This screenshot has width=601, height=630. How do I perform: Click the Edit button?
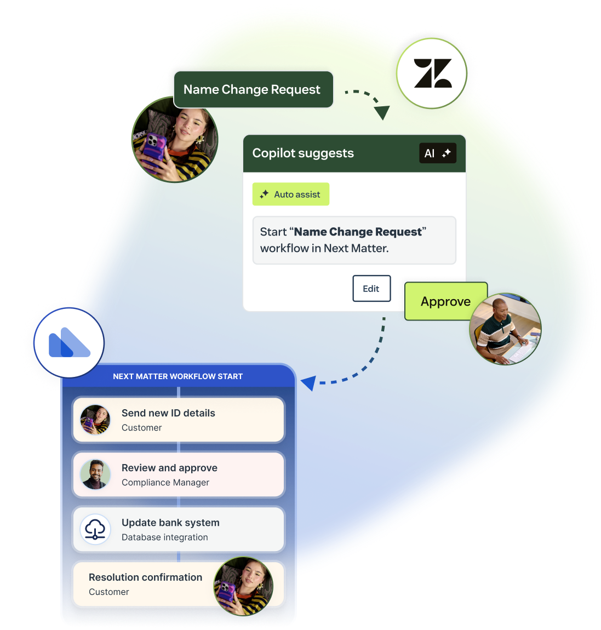coord(371,289)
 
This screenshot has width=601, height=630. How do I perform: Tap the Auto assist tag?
coord(291,194)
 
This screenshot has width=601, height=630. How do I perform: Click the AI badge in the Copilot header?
coord(437,153)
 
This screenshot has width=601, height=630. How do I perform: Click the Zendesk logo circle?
coord(432,73)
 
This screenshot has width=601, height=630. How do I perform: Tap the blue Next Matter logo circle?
coord(69,343)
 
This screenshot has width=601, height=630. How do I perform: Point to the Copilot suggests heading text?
coord(303,153)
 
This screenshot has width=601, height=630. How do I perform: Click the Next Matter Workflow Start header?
coord(178,376)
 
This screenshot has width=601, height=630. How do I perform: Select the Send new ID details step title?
coord(168,413)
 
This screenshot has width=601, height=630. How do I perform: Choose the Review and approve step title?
coord(169,468)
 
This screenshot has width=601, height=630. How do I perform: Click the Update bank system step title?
coord(170,523)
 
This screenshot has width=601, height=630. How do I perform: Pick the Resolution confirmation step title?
coord(145,577)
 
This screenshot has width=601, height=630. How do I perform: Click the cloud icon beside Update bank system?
coord(95,529)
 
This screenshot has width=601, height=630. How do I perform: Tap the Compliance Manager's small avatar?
coord(95,474)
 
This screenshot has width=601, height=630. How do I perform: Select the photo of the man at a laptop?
coord(505,329)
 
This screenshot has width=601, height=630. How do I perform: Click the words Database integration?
coord(165,537)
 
